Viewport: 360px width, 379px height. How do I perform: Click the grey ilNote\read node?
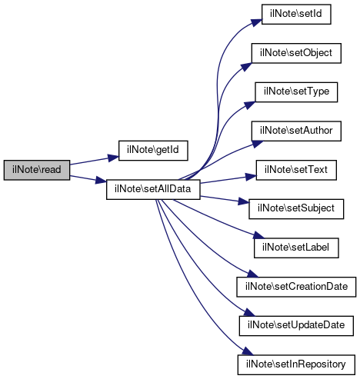pyautogui.click(x=37, y=170)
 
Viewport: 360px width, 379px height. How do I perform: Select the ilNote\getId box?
pyautogui.click(x=153, y=151)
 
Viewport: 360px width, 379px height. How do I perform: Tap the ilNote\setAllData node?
pyautogui.click(x=153, y=189)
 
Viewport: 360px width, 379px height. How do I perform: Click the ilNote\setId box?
pyautogui.click(x=296, y=14)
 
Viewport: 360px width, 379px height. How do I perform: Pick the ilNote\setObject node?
pyautogui.click(x=296, y=53)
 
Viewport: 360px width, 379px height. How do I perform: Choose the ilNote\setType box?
pyautogui.click(x=296, y=92)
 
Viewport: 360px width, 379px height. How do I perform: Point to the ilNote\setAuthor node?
pyautogui.click(x=296, y=131)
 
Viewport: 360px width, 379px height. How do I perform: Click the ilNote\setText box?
pyautogui.click(x=296, y=170)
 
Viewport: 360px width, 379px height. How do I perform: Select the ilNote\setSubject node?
pyautogui.click(x=296, y=209)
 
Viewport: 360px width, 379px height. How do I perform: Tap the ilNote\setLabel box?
pyautogui.click(x=296, y=248)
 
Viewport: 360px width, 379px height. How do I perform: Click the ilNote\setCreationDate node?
pyautogui.click(x=296, y=287)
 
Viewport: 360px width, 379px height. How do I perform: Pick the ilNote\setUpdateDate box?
pyautogui.click(x=296, y=326)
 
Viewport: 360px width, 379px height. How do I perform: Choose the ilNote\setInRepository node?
pyautogui.click(x=296, y=364)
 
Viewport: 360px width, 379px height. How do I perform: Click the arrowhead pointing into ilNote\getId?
pyautogui.click(x=113, y=158)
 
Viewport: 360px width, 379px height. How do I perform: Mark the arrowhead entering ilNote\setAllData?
pyautogui.click(x=101, y=180)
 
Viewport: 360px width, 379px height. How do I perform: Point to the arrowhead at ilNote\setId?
pyautogui.click(x=256, y=22)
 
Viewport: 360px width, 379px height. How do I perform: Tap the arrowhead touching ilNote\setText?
pyautogui.click(x=251, y=177)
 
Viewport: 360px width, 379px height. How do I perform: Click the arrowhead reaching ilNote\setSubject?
pyautogui.click(x=244, y=201)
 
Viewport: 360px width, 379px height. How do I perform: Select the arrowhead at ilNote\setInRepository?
pyautogui.click(x=248, y=351)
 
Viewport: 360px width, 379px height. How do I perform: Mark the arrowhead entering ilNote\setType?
pyautogui.click(x=250, y=105)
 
